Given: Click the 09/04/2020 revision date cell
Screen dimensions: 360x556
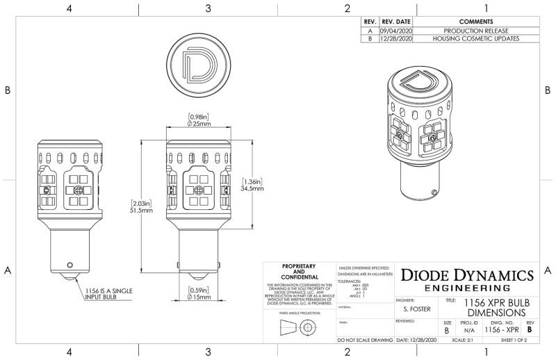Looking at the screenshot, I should pyautogui.click(x=396, y=31).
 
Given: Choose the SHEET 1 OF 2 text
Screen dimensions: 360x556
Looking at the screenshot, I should pyautogui.click(x=514, y=340).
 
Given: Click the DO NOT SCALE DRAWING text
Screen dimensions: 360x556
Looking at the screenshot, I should pyautogui.click(x=365, y=340).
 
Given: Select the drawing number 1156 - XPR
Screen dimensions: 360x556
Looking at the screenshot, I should pyautogui.click(x=502, y=332).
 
